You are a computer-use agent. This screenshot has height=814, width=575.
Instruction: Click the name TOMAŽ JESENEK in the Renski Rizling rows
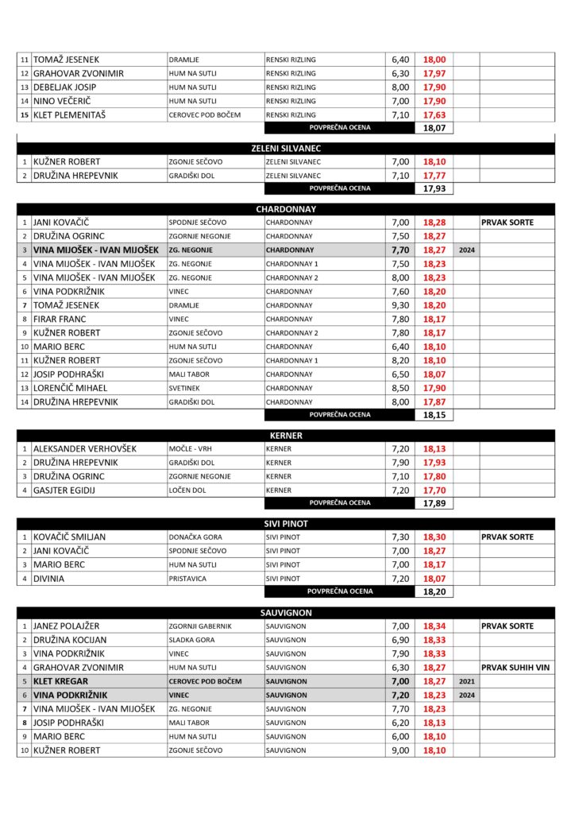66,60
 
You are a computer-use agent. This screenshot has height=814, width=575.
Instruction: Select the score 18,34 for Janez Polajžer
434,626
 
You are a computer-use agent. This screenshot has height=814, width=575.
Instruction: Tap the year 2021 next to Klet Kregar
466,681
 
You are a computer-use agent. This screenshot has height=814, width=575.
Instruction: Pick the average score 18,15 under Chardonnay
434,415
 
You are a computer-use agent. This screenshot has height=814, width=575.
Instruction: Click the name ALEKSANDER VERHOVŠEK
85,449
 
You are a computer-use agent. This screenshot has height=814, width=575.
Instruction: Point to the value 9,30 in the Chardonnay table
400,305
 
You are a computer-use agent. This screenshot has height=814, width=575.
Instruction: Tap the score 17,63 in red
434,115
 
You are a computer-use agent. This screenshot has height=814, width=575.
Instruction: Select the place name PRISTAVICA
187,579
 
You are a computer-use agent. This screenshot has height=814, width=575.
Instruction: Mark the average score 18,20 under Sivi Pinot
434,592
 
